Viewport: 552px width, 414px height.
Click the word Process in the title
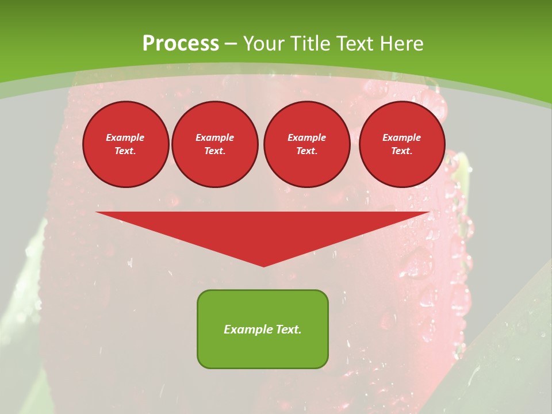pos(181,44)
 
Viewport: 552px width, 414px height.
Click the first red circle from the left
pos(126,144)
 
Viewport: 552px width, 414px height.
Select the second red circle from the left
pos(215,144)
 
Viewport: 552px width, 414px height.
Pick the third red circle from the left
pos(306,144)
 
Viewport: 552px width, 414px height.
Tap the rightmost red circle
pos(402,144)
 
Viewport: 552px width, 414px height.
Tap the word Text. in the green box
pos(289,329)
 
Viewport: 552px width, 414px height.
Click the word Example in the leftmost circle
pos(125,137)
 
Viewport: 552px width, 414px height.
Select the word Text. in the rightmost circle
pos(402,151)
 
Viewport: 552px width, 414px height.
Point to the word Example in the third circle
pos(306,137)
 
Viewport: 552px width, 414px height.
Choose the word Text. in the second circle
pos(215,151)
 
